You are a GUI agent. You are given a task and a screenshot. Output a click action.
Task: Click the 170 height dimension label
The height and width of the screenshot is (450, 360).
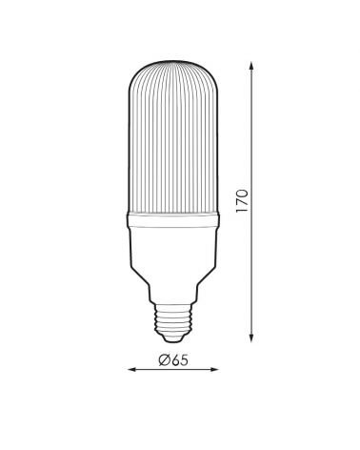click(242, 201)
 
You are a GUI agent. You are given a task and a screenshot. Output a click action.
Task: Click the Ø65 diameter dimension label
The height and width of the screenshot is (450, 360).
click(173, 359)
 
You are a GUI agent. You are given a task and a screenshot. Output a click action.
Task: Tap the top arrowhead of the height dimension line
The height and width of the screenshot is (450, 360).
click(251, 66)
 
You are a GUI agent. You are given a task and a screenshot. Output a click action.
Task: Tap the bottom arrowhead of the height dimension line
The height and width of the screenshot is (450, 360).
click(251, 337)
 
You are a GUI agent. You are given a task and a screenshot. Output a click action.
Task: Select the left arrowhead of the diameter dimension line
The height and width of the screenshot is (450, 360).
click(131, 369)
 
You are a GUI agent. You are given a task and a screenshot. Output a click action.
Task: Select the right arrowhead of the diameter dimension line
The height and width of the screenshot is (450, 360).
click(214, 369)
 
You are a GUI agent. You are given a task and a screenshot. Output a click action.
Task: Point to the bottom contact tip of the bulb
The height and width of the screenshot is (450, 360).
click(173, 339)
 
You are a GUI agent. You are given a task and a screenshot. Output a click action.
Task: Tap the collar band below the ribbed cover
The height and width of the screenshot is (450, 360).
click(173, 220)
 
